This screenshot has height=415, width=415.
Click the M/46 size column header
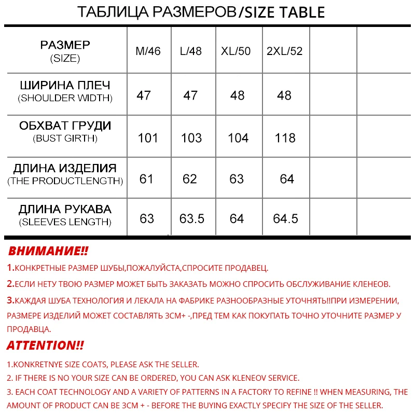click(x=148, y=51)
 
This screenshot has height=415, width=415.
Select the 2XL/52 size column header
click(x=284, y=51)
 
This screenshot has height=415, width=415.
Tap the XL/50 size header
click(x=236, y=51)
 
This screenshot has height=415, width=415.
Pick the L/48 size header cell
click(x=190, y=51)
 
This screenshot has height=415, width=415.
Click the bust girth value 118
click(x=285, y=138)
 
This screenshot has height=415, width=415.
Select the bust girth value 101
click(x=148, y=138)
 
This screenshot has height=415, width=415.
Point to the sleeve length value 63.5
click(x=192, y=219)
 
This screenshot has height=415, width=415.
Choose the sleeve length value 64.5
click(x=285, y=219)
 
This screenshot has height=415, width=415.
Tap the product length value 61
click(x=146, y=179)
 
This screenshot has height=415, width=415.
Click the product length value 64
click(x=287, y=179)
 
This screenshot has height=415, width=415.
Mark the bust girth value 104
click(x=238, y=138)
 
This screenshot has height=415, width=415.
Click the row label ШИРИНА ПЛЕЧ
click(x=65, y=85)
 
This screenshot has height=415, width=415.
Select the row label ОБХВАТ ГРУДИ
click(x=65, y=126)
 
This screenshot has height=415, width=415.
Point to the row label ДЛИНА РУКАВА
click(x=65, y=210)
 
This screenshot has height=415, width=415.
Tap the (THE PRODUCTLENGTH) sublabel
click(x=65, y=181)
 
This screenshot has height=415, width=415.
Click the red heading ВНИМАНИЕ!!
click(x=48, y=252)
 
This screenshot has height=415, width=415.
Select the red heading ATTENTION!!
click(x=45, y=345)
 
